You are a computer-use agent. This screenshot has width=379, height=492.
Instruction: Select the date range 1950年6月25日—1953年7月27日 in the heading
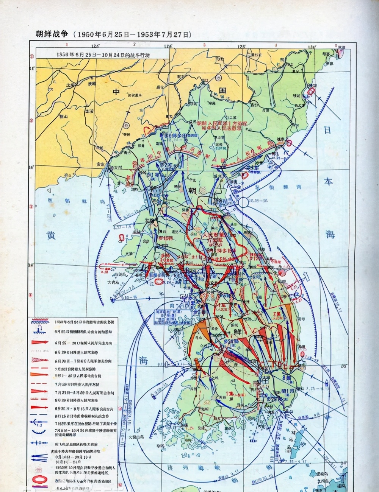133,34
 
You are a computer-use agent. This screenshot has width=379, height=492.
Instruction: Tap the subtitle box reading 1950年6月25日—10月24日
103,54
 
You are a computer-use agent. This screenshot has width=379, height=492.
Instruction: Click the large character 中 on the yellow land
116,92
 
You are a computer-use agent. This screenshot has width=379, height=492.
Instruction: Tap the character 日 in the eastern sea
327,130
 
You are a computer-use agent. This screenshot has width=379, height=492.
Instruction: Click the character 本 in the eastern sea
328,181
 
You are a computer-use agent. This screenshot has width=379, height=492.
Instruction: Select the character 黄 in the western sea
51,235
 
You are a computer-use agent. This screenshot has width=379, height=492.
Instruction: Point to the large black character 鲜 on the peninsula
238,331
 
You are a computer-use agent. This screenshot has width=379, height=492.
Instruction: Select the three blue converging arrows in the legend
39,458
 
